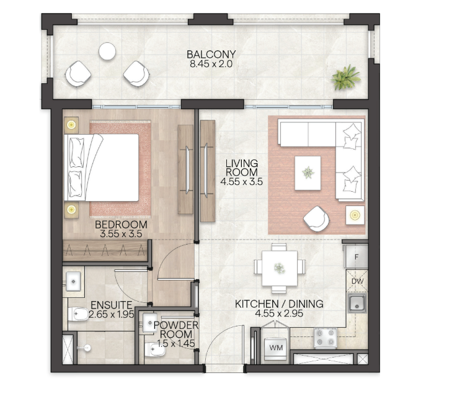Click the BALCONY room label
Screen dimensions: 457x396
pyautogui.click(x=211, y=54)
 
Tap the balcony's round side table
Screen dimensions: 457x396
pyautogui.click(x=107, y=51)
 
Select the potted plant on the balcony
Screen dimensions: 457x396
pyautogui.click(x=346, y=78)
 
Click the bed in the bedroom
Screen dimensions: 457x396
pyautogui.click(x=101, y=168)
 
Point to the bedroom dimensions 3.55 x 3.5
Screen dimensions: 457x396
pyautogui.click(x=121, y=234)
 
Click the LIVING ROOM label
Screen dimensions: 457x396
pyautogui.click(x=242, y=168)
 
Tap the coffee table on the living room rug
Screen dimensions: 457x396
pyautogui.click(x=308, y=173)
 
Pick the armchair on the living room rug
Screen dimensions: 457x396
pyautogui.click(x=316, y=218)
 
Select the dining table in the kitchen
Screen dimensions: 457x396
pyautogui.click(x=280, y=268)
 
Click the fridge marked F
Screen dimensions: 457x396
pyautogui.click(x=356, y=256)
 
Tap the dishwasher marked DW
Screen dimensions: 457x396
pyautogui.click(x=357, y=281)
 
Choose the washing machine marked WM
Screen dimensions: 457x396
pyautogui.click(x=275, y=348)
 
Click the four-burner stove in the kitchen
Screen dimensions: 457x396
pyautogui.click(x=326, y=338)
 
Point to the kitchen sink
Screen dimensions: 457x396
pyautogui.click(x=357, y=303)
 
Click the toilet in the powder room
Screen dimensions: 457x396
pyautogui.click(x=154, y=348)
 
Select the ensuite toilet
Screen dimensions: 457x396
pyautogui.click(x=78, y=314)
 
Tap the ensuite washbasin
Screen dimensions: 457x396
pyautogui.click(x=73, y=281)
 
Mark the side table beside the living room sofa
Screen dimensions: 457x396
pyautogui.click(x=355, y=215)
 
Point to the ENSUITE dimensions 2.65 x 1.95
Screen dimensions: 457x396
pyautogui.click(x=112, y=314)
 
